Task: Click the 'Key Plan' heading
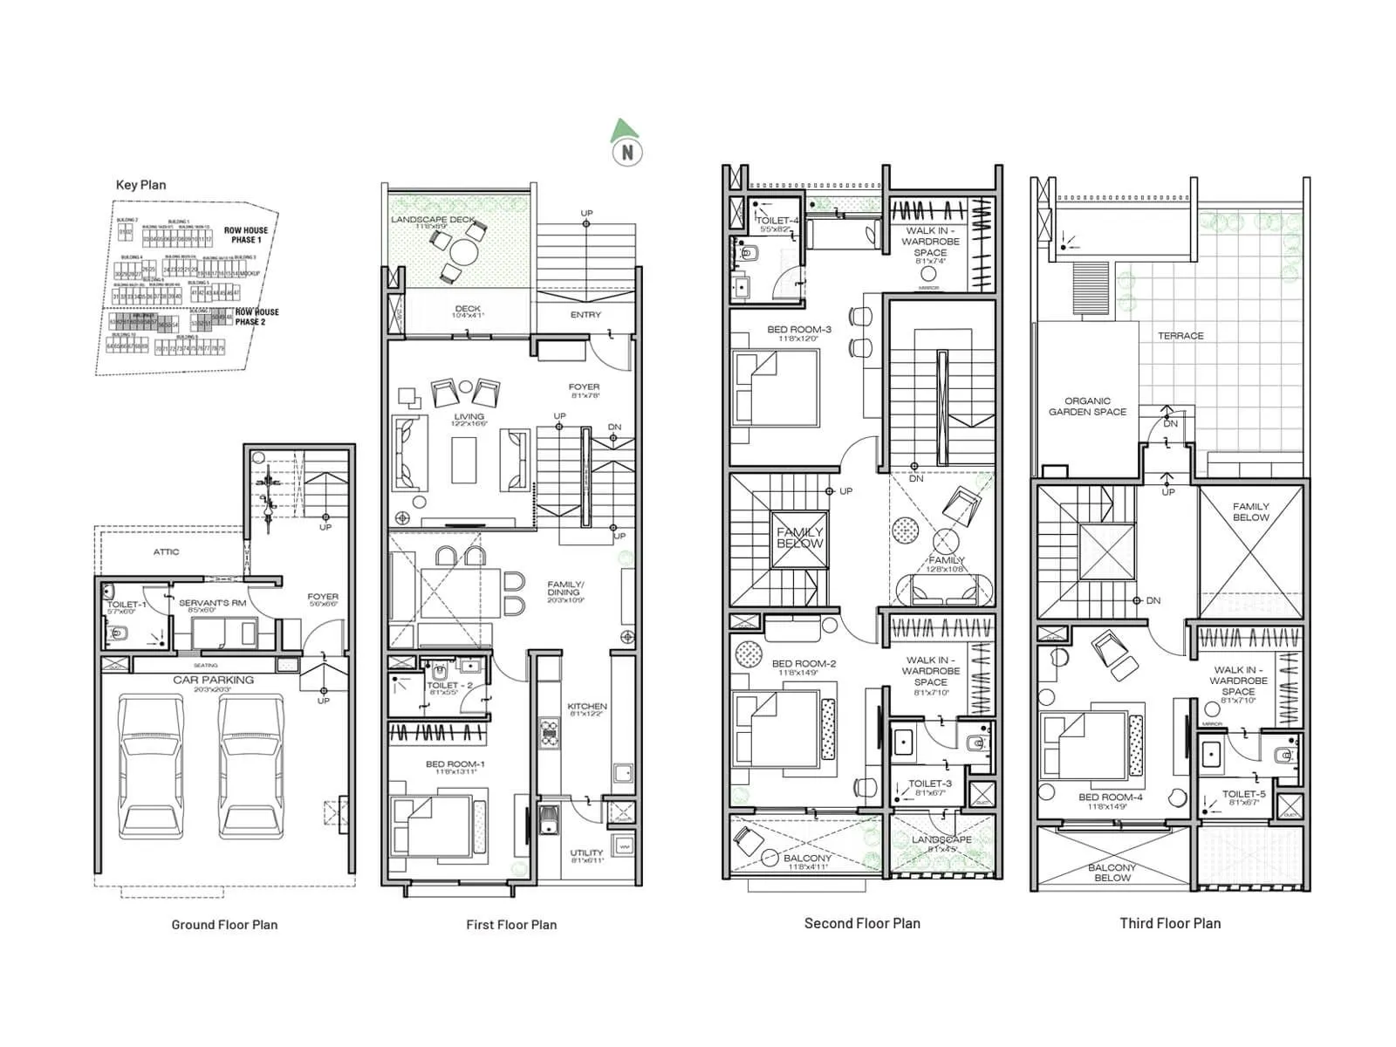(140, 185)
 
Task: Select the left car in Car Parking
(151, 766)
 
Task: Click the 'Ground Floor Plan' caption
(224, 925)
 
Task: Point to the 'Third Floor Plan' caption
(1170, 923)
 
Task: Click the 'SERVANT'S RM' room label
(212, 603)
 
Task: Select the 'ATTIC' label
(166, 551)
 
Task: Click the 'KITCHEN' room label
(587, 707)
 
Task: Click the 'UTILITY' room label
(586, 853)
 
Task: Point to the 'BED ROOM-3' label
(798, 330)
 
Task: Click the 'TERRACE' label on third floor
(1180, 336)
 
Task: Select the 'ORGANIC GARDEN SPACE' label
(1087, 407)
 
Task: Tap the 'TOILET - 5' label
(1243, 794)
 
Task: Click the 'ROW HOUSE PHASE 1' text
(246, 235)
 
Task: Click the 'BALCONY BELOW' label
(1112, 872)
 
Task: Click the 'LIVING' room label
(469, 417)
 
